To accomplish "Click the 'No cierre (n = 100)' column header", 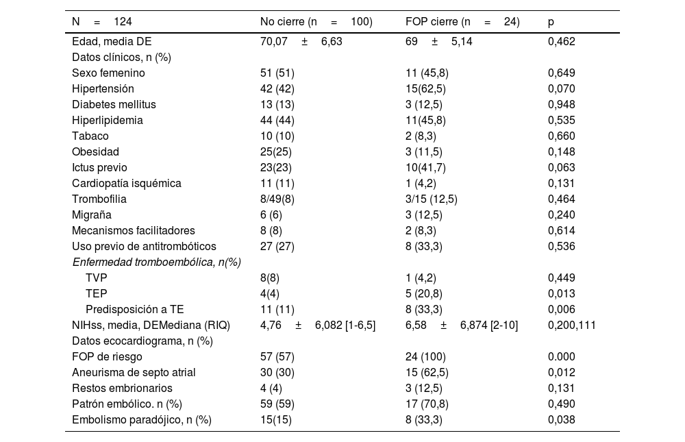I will coord(316,22).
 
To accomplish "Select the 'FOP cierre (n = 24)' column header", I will coord(462,22).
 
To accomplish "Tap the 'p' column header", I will coord(551,22).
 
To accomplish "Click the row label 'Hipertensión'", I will coord(103,88).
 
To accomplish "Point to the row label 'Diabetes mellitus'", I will coord(114,104).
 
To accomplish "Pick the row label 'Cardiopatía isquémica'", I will coord(127,183).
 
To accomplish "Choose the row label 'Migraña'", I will coord(91,214).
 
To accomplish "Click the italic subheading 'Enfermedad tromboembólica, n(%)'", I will coord(156,262).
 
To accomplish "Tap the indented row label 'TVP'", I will coord(97,278).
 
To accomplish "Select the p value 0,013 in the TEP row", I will coord(561,293).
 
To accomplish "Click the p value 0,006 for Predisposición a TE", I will coord(561,309).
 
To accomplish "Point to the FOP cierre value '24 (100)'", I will coord(425,356).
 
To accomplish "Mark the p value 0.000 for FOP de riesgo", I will coord(561,356).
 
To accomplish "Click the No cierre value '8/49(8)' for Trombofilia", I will coord(277,199).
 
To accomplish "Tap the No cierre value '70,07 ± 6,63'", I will coord(301,41).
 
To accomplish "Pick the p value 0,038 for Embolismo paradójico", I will coord(561,419).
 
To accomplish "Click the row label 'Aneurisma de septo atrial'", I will coord(134,372).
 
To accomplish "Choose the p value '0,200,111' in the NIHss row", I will coord(571,325).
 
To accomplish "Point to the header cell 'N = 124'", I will coord(102,22).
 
